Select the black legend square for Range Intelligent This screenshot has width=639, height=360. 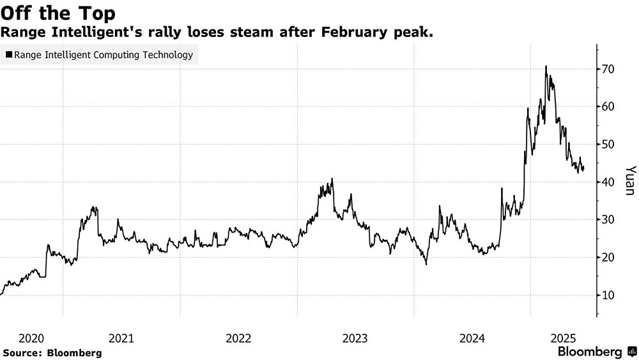pos(8,55)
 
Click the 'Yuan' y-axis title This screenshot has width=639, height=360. pos(630,182)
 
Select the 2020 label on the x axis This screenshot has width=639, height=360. pos(31,338)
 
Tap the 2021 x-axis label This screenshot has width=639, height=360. pos(121,338)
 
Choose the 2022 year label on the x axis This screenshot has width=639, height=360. pos(238,338)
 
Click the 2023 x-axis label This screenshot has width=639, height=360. pos(355,338)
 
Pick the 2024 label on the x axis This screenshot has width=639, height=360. pos(472,338)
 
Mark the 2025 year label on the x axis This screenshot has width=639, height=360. pos(564,338)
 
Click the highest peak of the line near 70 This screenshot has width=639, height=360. pos(546,66)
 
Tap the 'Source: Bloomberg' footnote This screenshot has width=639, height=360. pos(52,352)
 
